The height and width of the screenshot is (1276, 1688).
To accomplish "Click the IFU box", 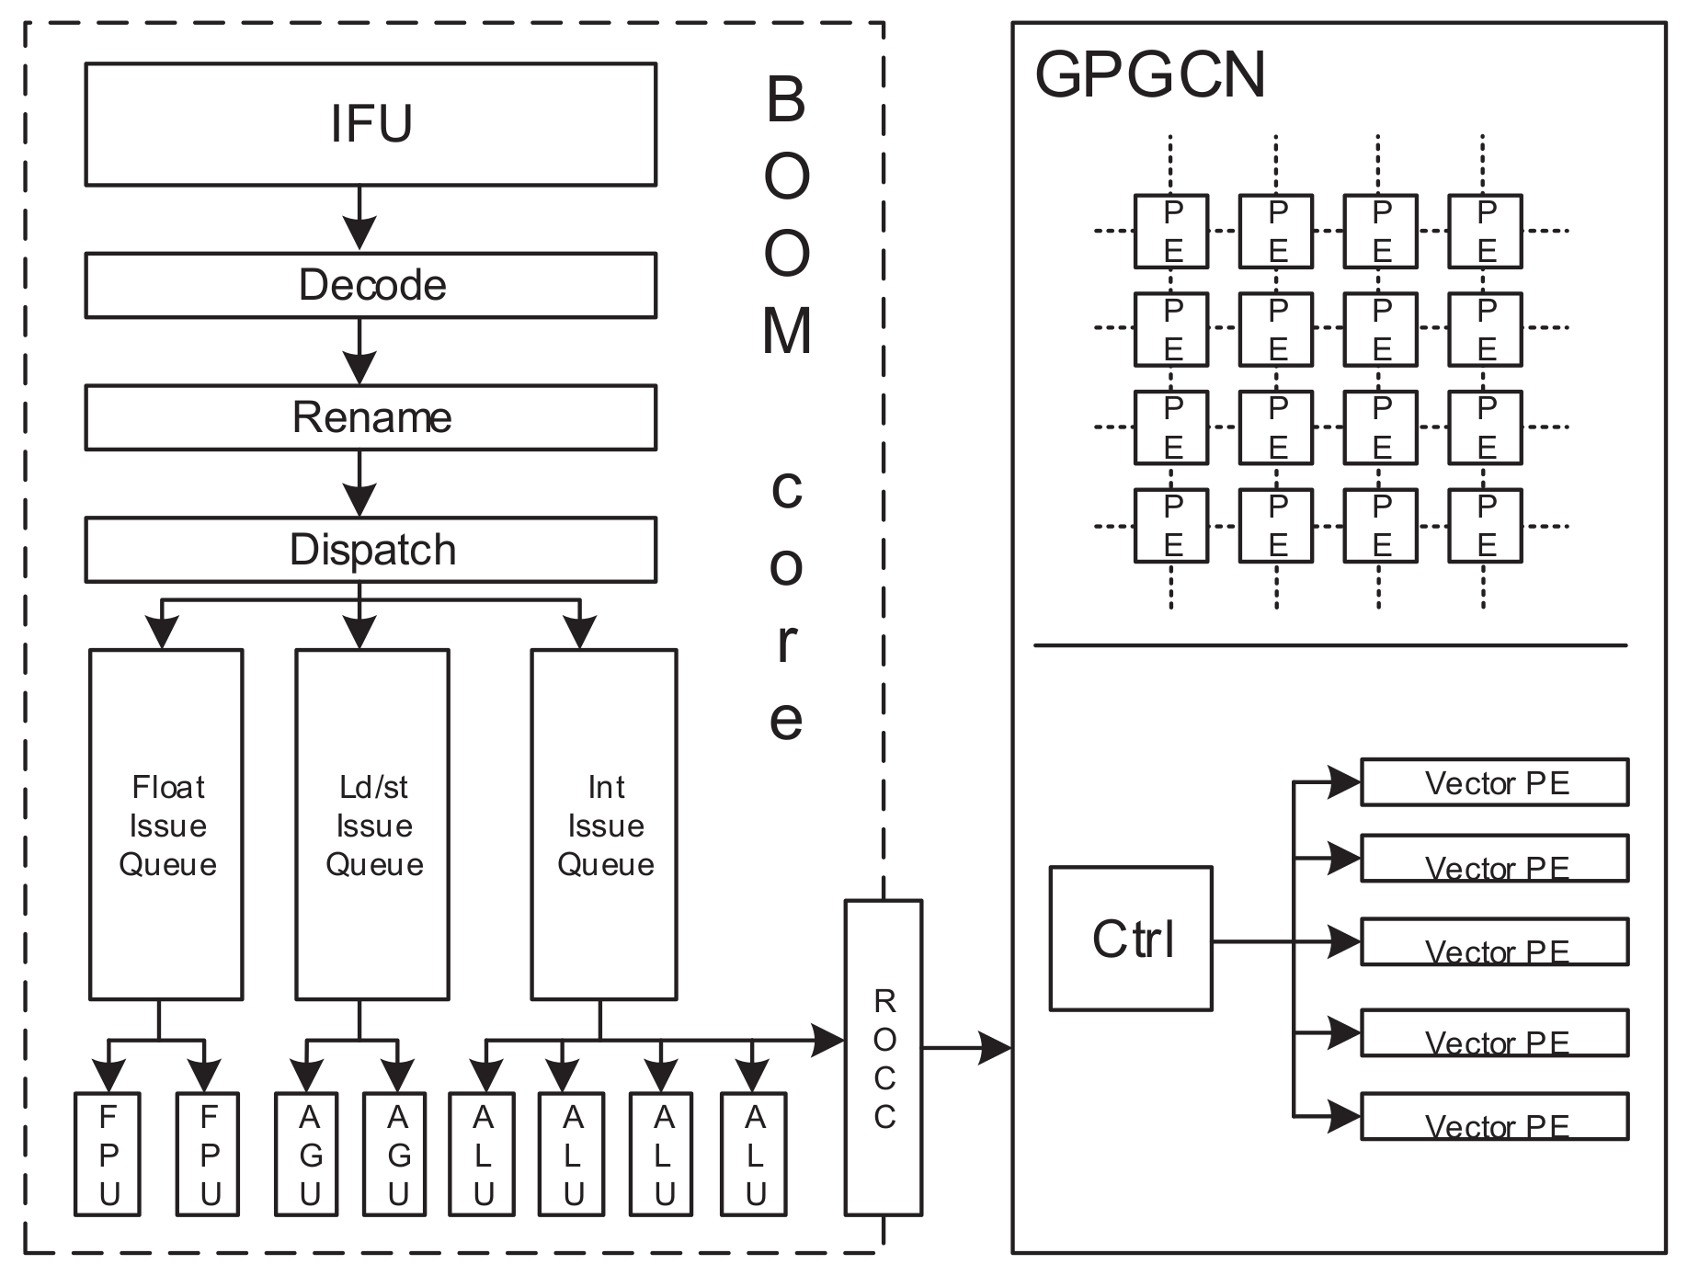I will (x=371, y=124).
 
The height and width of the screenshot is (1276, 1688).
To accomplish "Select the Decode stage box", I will (x=371, y=286).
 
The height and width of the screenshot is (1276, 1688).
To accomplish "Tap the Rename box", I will (x=371, y=417).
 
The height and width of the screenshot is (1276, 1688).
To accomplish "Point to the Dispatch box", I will (x=371, y=550).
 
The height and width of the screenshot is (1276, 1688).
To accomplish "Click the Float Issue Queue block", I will (x=166, y=825).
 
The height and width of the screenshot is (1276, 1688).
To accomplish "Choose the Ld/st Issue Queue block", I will (x=372, y=825).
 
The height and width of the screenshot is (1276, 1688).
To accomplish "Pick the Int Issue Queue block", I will (x=604, y=825).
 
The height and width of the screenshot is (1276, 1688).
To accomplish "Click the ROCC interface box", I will (x=883, y=1057).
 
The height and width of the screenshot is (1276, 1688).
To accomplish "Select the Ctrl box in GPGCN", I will (x=1131, y=939).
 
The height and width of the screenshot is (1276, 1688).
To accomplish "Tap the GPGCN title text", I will (x=1149, y=74).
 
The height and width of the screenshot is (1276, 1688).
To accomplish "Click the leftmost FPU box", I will (x=108, y=1155).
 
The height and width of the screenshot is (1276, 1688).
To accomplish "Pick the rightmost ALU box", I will (x=754, y=1155).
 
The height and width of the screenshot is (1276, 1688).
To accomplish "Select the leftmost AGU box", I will (x=308, y=1155).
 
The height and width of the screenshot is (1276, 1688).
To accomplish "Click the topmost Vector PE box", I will (x=1494, y=782).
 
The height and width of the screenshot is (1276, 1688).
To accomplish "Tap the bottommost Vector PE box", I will (x=1494, y=1117).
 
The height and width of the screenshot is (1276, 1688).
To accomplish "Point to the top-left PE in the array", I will (x=1171, y=231).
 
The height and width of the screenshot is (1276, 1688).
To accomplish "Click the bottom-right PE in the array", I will (x=1485, y=526).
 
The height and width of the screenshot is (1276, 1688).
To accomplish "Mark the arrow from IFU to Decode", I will (x=359, y=219).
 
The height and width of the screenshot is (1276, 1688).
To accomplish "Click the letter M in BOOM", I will (x=787, y=331).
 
